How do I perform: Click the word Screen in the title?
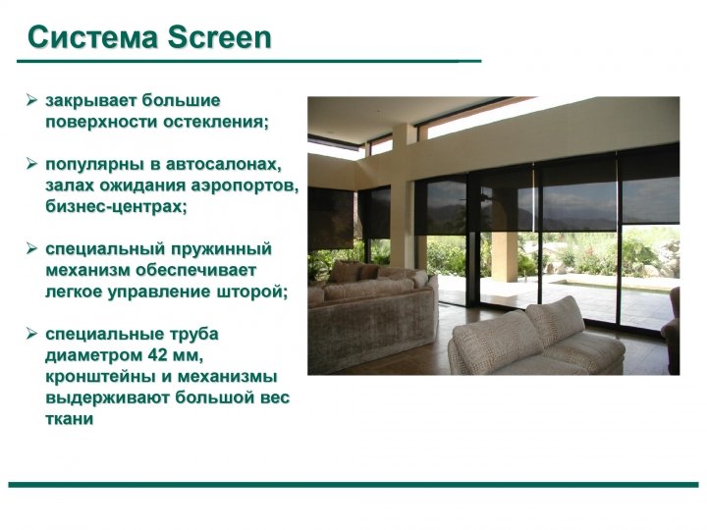pos(220,37)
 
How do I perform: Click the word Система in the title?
pos(92,37)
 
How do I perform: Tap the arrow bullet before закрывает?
pos(31,99)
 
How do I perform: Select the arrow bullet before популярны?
pos(31,163)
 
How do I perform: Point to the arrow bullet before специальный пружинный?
pos(31,248)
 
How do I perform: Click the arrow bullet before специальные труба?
pos(31,334)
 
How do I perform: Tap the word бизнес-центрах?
pos(116,206)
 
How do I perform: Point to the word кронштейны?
pos(100,377)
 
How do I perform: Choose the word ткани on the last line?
pos(69,419)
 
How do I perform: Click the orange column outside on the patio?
pos(505,255)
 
